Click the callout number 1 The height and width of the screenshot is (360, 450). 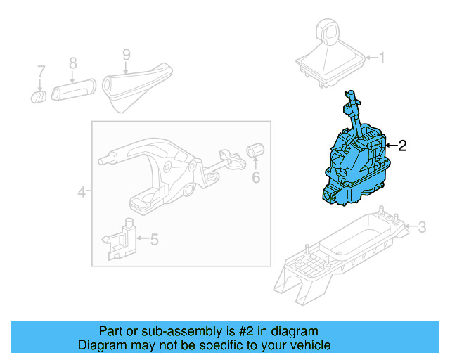[382, 58]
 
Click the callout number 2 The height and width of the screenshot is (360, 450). [402, 146]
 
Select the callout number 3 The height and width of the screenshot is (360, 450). [421, 226]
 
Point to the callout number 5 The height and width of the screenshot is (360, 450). [154, 239]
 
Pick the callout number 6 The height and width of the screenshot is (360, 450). [256, 177]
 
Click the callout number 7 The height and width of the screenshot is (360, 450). [41, 71]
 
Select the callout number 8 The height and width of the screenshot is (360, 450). [72, 64]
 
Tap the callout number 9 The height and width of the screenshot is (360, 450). [126, 53]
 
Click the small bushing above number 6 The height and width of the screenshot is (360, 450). [255, 150]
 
